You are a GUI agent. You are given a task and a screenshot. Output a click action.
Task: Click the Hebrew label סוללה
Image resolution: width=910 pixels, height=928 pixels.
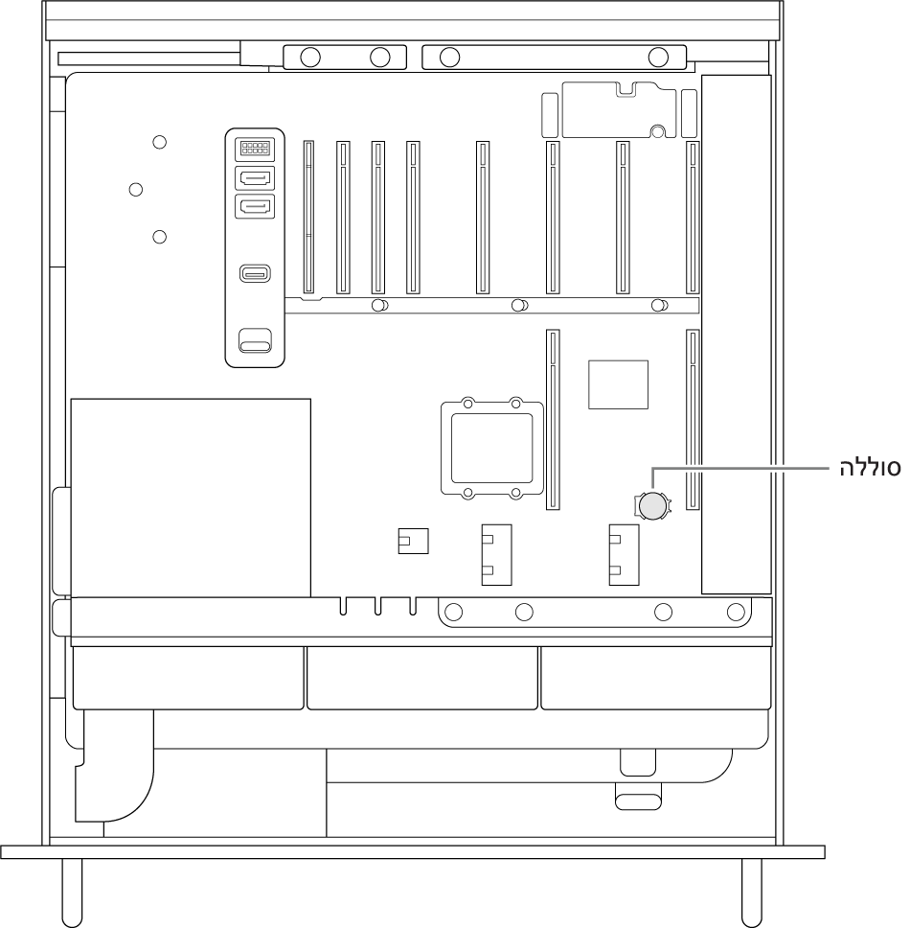(x=870, y=468)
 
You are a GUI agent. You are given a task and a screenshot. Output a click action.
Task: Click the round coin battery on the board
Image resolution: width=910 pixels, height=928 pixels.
(x=652, y=506)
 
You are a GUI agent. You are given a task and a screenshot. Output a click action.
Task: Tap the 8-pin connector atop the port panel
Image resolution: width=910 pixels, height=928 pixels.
(x=255, y=149)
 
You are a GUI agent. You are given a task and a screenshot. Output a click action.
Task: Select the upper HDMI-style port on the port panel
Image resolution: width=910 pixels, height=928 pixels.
(x=255, y=177)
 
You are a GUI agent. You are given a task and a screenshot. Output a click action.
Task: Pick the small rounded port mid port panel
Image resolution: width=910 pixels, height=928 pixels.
(x=255, y=273)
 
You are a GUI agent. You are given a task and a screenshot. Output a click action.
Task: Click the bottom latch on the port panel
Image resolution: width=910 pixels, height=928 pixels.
(x=255, y=341)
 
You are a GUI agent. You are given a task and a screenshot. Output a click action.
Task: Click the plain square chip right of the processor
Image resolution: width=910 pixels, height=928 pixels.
(x=618, y=384)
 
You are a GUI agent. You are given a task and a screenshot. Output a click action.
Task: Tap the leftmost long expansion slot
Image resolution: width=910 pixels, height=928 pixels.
(x=308, y=218)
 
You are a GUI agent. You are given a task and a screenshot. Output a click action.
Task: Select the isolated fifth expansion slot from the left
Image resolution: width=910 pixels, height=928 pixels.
(x=483, y=218)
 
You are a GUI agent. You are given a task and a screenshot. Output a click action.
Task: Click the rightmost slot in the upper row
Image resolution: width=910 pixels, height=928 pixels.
(x=693, y=218)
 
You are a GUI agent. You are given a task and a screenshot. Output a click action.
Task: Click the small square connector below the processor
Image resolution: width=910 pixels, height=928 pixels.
(x=413, y=541)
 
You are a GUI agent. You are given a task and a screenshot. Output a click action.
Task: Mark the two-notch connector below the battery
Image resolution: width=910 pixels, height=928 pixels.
(x=624, y=554)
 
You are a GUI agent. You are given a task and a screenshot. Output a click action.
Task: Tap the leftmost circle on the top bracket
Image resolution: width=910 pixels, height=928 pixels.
(x=310, y=58)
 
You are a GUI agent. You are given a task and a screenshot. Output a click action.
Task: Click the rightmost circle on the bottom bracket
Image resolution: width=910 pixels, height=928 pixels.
(x=736, y=612)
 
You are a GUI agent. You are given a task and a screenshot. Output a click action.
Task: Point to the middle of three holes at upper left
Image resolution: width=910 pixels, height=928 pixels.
(x=136, y=190)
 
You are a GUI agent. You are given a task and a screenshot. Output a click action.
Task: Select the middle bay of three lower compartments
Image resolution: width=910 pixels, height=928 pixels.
(x=422, y=678)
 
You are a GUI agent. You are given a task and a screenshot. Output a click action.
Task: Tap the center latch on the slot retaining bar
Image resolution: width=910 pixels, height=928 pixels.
(x=519, y=306)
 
